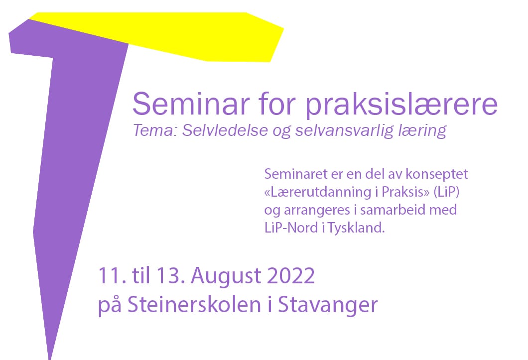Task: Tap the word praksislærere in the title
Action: point(401,106)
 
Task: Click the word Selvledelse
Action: point(225,130)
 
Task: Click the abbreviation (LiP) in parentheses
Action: point(446,192)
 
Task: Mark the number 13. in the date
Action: point(170,276)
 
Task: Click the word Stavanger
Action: point(328,306)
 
